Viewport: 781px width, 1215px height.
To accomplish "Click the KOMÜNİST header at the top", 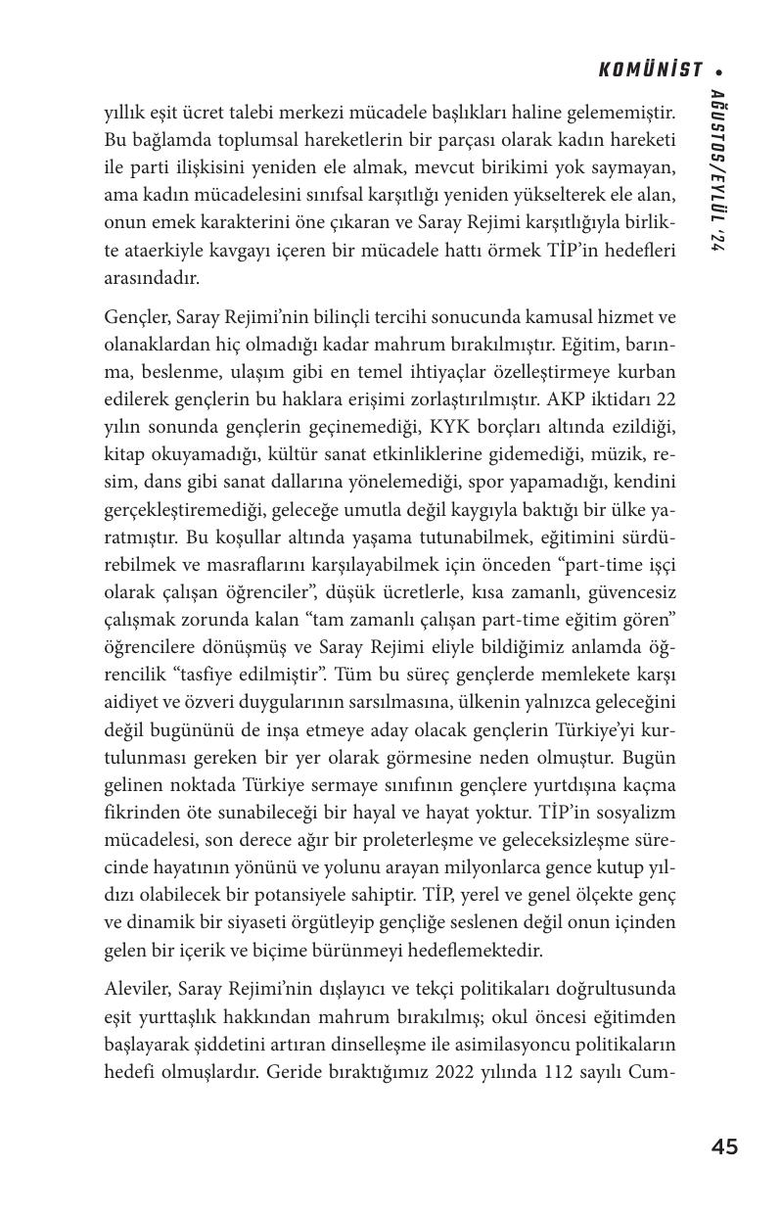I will (x=650, y=70).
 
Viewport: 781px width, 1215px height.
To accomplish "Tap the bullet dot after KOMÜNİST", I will (x=719, y=70).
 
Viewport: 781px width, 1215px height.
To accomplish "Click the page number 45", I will (x=724, y=1146).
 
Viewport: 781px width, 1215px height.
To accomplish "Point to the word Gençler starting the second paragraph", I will (x=134, y=317).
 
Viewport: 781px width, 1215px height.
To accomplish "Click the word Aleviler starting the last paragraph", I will (x=136, y=989).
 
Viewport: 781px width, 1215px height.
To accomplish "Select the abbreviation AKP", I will (x=577, y=399).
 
